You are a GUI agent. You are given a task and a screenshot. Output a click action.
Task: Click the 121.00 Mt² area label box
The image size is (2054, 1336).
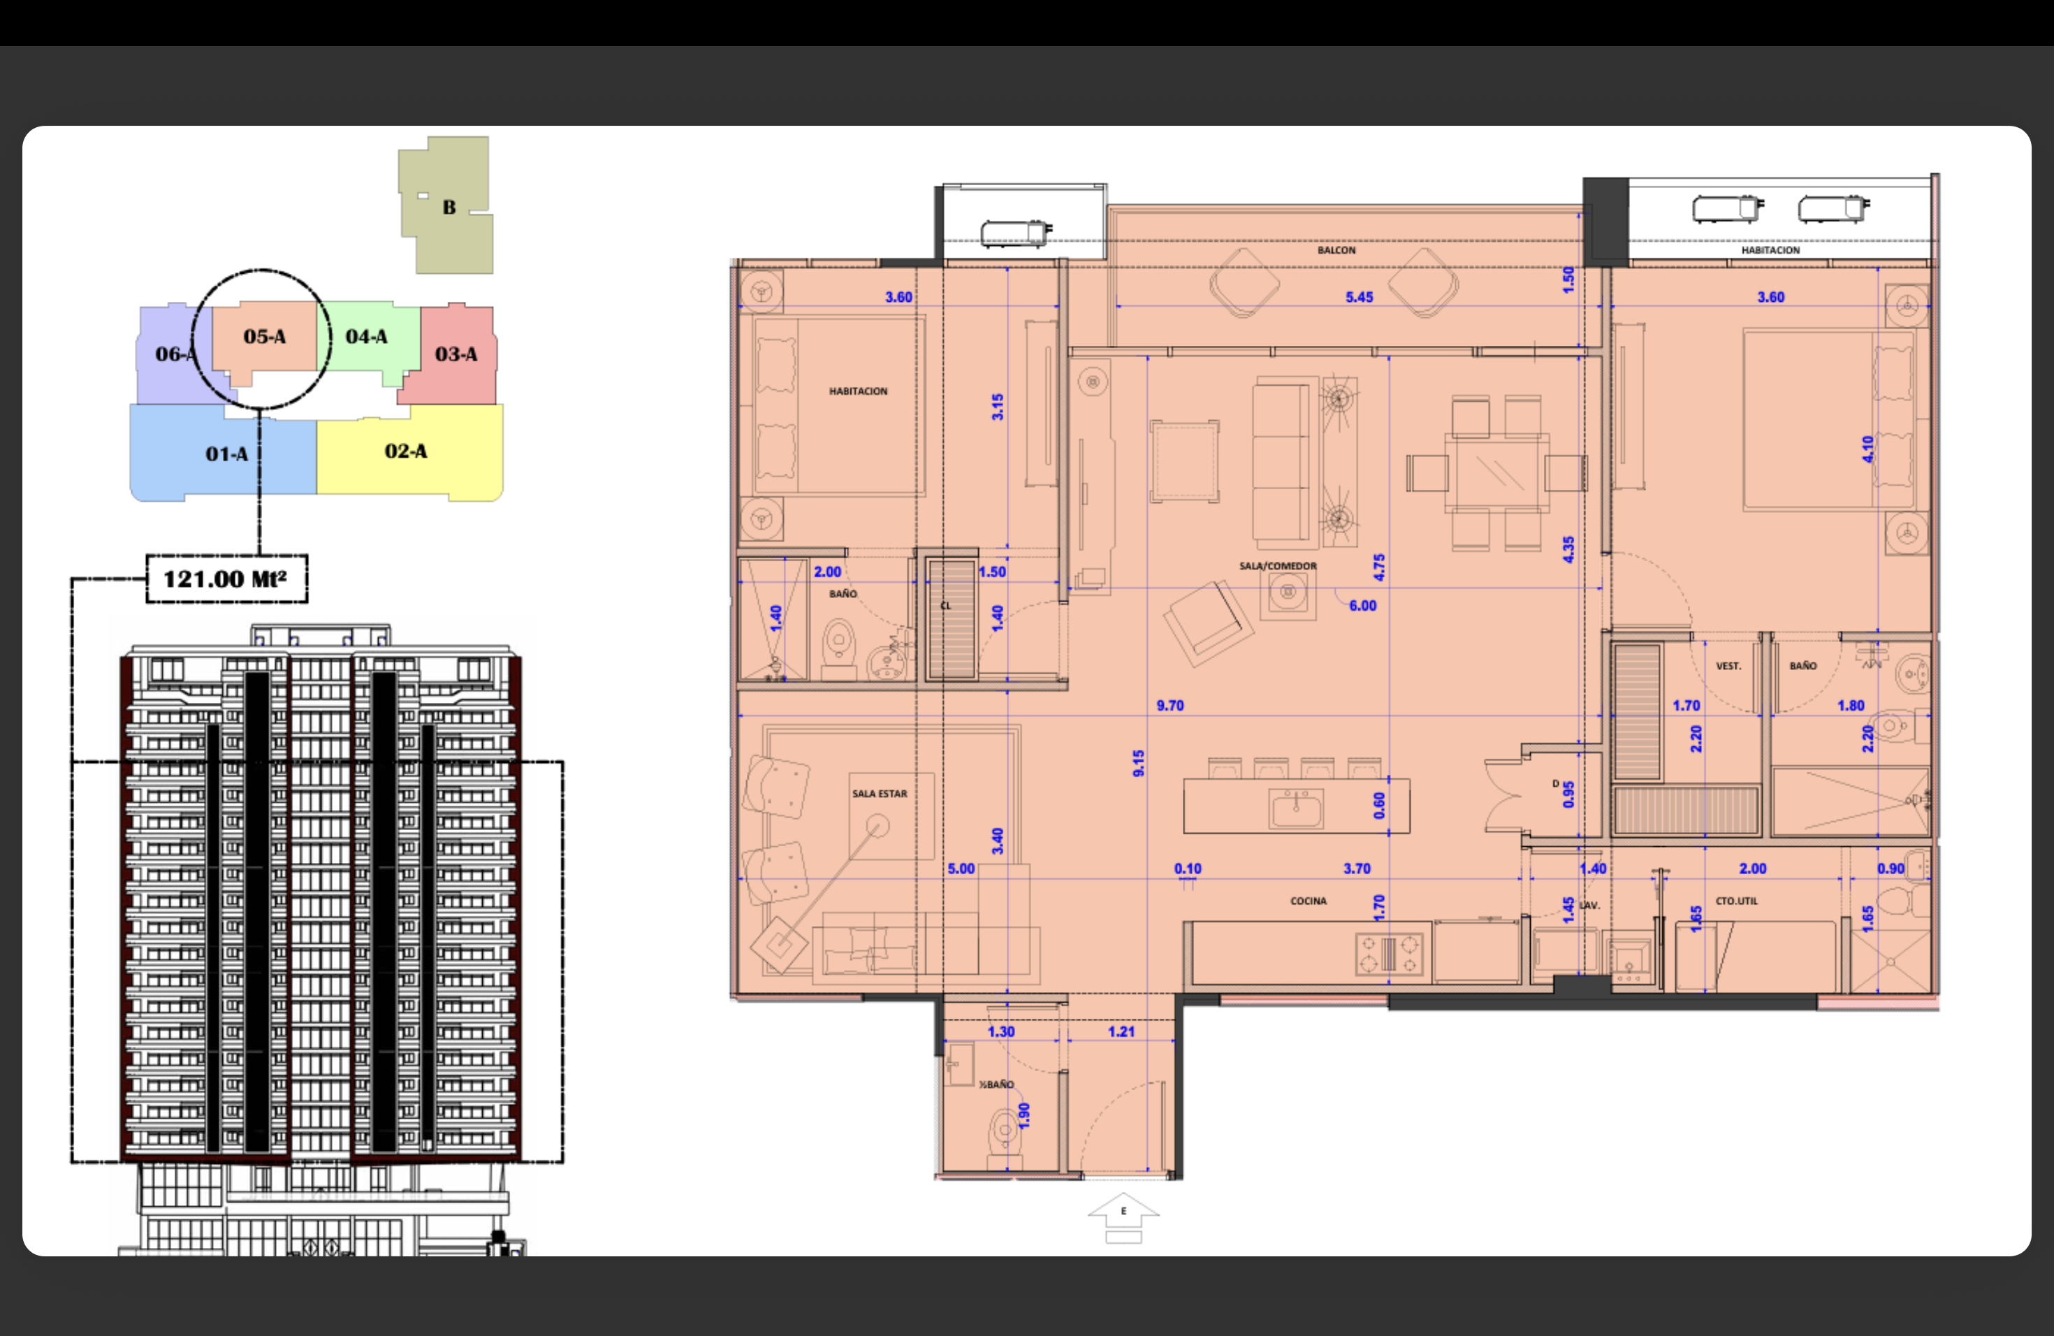pos(227,579)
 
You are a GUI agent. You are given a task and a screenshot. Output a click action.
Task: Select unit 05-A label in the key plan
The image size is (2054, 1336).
pos(264,337)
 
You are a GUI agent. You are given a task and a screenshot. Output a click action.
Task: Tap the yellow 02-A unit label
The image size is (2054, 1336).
pos(406,451)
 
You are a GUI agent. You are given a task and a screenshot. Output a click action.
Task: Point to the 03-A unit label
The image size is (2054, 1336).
pos(456,354)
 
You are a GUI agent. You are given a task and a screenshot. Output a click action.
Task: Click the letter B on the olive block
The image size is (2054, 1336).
pos(449,207)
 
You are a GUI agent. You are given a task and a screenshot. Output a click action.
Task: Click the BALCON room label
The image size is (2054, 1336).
pos(1336,250)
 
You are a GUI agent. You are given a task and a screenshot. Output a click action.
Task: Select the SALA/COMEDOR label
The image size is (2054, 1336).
pos(1278,566)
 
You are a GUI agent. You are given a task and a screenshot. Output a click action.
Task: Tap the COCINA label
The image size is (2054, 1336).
pos(1309,901)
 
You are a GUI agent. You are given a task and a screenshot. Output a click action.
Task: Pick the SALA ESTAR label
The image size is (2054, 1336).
pos(880,794)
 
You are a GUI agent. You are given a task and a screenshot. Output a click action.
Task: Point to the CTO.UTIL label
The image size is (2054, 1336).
pos(1736,901)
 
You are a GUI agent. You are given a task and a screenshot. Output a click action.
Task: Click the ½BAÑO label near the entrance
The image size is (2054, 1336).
pos(996,1084)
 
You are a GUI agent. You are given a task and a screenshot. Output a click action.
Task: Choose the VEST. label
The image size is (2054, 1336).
pos(1728,667)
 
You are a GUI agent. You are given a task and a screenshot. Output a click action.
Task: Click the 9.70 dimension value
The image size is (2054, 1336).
pos(1170,705)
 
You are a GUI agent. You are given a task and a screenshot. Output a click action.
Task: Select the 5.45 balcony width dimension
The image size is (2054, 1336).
pos(1360,297)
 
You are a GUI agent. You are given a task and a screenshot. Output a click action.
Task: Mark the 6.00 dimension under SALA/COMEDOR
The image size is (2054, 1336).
pos(1363,606)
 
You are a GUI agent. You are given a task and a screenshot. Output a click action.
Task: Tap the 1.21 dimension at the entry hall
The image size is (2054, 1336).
pos(1121,1031)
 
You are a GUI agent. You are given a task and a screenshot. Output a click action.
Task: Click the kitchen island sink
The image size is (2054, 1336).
pos(1295,808)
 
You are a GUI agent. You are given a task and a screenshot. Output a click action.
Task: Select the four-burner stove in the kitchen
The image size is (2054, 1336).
pos(1389,954)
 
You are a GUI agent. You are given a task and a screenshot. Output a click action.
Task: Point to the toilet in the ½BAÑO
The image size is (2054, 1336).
pos(1004,1133)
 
